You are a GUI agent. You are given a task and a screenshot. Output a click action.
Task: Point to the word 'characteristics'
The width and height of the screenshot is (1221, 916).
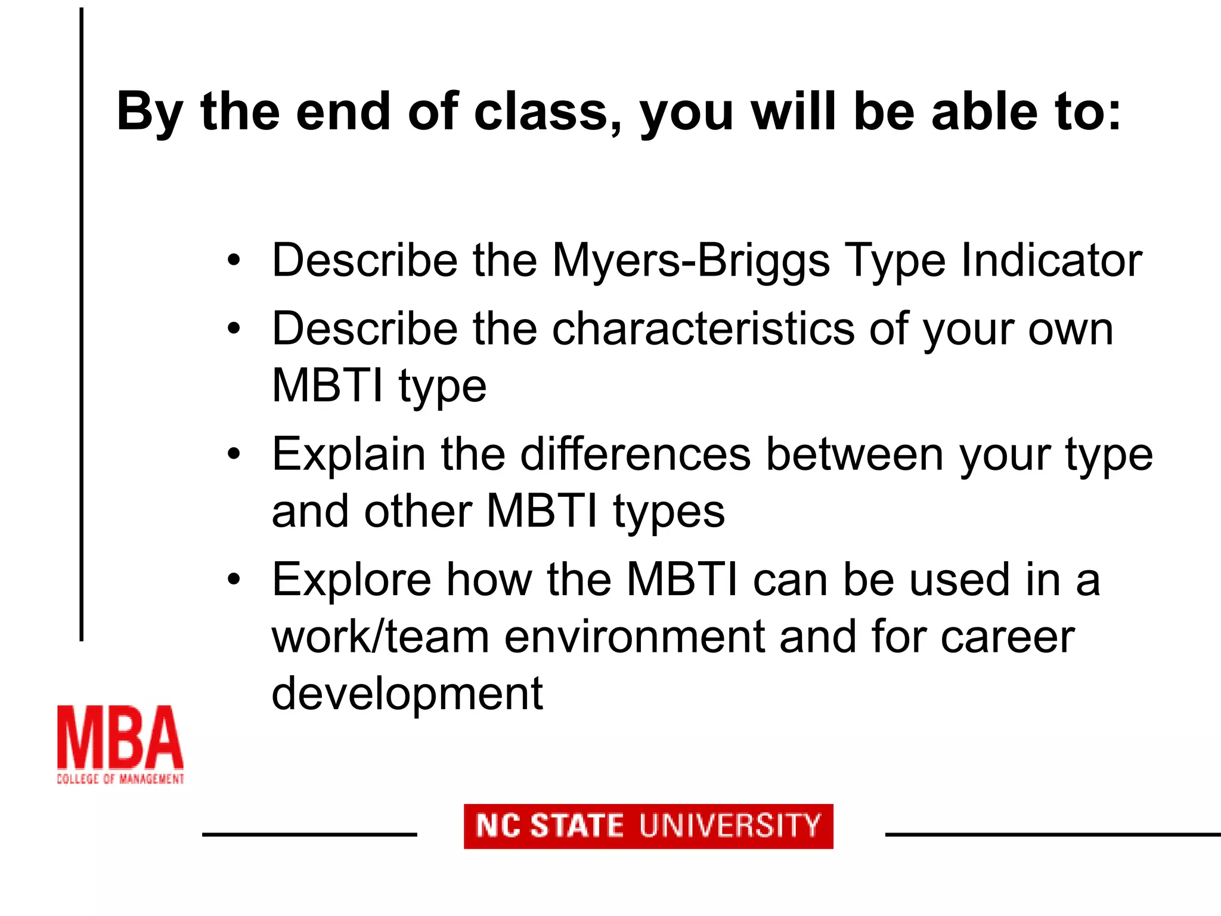click(703, 329)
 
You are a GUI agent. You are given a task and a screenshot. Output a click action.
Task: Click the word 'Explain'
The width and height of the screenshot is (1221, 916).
click(349, 455)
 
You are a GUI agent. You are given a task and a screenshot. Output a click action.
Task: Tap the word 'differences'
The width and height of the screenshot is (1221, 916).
click(635, 455)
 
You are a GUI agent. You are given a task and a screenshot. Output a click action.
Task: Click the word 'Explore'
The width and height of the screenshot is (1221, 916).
click(351, 580)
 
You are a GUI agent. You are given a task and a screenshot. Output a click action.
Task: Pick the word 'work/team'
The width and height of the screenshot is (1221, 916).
click(380, 637)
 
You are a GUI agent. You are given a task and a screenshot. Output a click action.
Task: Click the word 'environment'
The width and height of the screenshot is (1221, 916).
click(634, 637)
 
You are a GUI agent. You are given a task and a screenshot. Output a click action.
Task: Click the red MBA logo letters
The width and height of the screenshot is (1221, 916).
click(120, 738)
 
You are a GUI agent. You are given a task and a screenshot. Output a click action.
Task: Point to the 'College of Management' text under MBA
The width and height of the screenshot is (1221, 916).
click(120, 779)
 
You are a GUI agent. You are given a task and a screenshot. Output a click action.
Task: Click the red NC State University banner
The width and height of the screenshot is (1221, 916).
click(648, 827)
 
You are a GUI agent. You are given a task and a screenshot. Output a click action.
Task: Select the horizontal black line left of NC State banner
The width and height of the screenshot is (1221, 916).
click(309, 834)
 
